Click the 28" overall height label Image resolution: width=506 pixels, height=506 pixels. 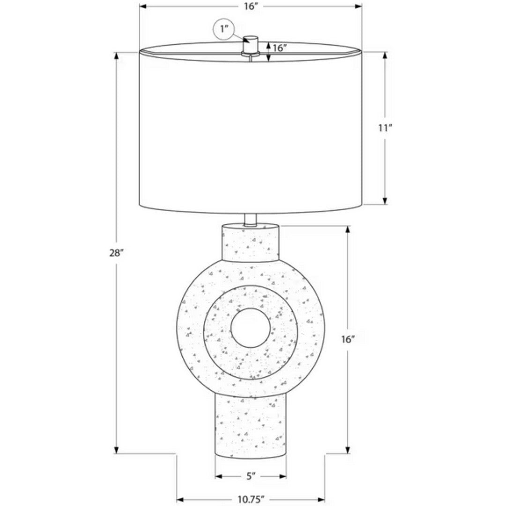pyautogui.click(x=117, y=253)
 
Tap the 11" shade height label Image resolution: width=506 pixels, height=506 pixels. pyautogui.click(x=385, y=128)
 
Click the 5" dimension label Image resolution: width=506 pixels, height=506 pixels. pyautogui.click(x=251, y=476)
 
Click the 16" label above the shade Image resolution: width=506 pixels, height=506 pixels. pyautogui.click(x=250, y=7)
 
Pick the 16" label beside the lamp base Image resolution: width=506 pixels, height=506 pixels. pyautogui.click(x=348, y=340)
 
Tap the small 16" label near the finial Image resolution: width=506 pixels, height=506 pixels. pyautogui.click(x=280, y=48)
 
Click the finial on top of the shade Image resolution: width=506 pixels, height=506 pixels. pyautogui.click(x=251, y=45)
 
